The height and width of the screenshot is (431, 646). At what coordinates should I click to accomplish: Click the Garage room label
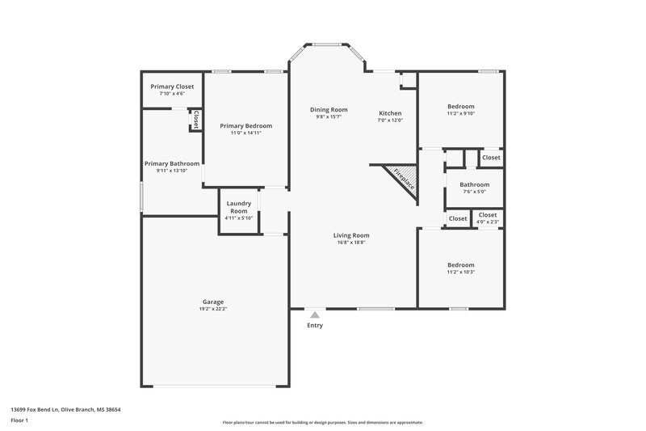pyautogui.click(x=212, y=302)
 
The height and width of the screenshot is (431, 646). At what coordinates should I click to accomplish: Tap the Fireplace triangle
pyautogui.click(x=401, y=177)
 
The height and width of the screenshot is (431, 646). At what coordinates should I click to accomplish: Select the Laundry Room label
pyautogui.click(x=238, y=207)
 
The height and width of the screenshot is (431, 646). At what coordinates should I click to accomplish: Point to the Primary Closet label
pyautogui.click(x=173, y=86)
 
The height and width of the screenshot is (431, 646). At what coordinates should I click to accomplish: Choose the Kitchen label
pyautogui.click(x=389, y=113)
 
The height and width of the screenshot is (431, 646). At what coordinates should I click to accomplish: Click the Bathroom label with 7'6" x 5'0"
pyautogui.click(x=475, y=184)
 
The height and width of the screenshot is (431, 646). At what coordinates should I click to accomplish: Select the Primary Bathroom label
pyautogui.click(x=172, y=163)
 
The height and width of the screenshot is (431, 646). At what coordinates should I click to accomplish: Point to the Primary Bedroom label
pyautogui.click(x=245, y=125)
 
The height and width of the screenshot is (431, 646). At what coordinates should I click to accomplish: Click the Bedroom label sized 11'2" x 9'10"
pyautogui.click(x=461, y=107)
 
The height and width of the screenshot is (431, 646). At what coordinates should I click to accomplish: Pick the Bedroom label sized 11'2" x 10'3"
pyautogui.click(x=461, y=265)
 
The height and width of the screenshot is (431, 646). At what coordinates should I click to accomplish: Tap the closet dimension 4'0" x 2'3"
pyautogui.click(x=488, y=222)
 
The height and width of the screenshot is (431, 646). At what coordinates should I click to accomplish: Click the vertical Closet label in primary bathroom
pyautogui.click(x=195, y=120)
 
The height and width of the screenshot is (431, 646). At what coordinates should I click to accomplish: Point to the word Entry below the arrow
pyautogui.click(x=315, y=325)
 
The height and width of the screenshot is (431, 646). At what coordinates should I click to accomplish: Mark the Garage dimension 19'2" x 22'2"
pyautogui.click(x=212, y=309)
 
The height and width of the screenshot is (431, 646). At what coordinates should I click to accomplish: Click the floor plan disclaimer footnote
pyautogui.click(x=322, y=422)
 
